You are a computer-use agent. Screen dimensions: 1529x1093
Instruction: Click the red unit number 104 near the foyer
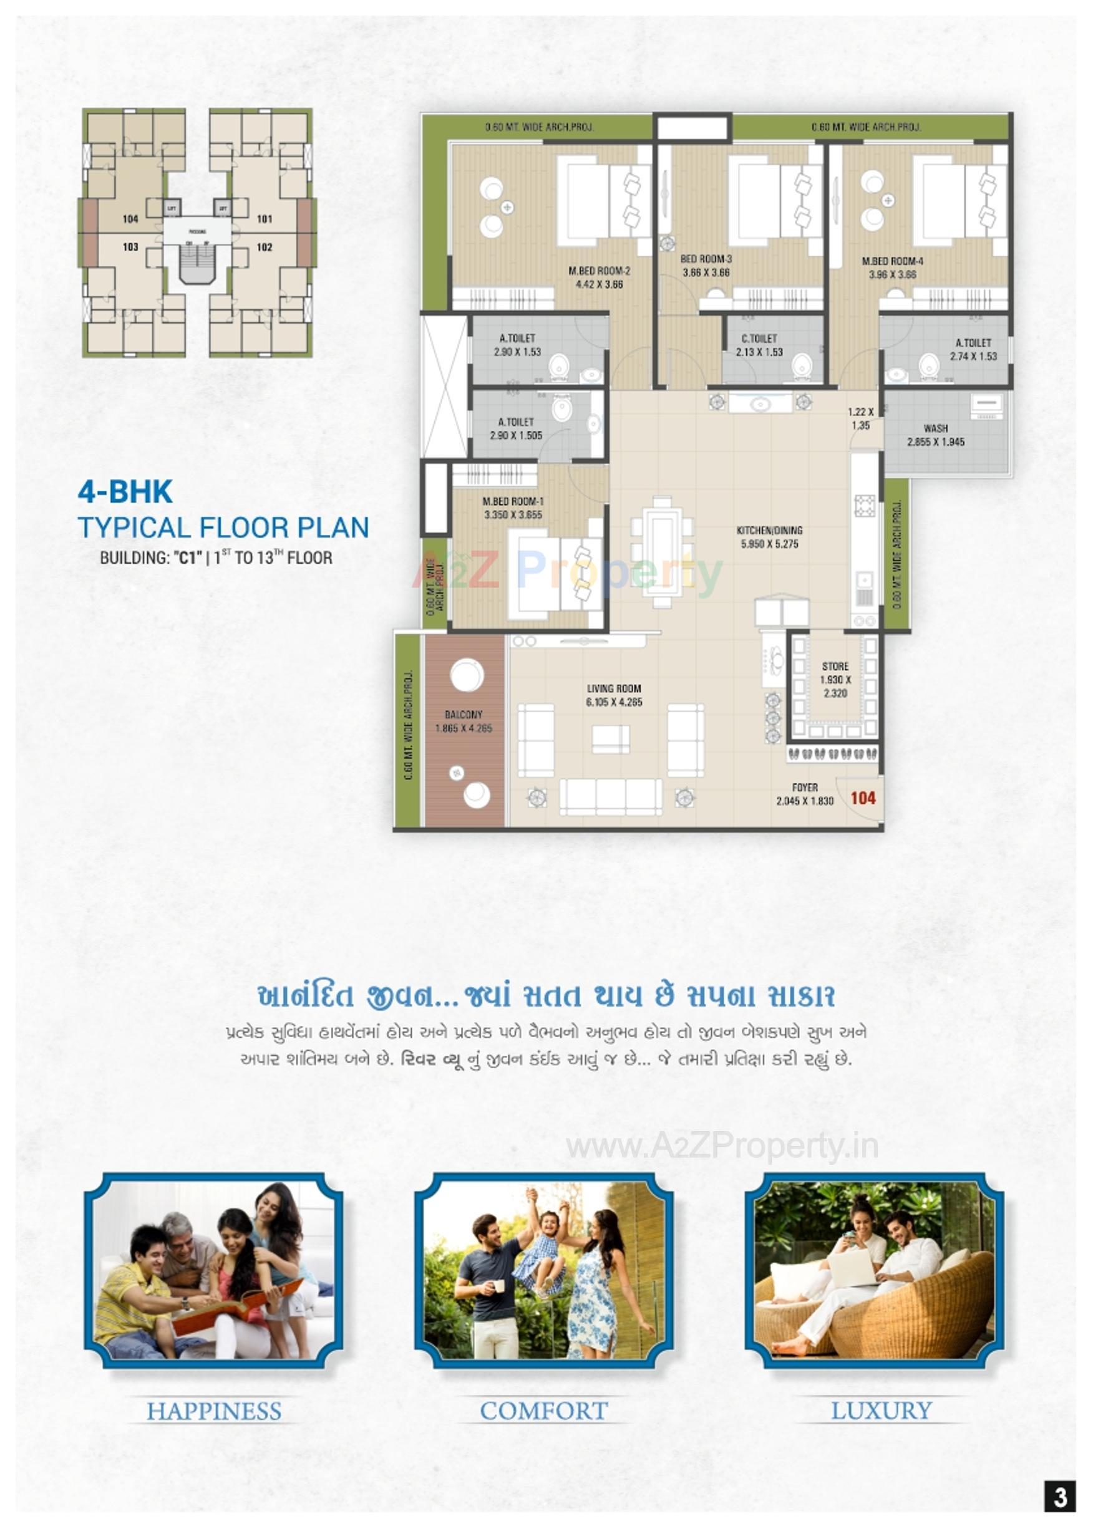pyautogui.click(x=863, y=798)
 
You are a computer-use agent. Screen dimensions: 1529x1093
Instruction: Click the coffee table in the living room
pyautogui.click(x=610, y=740)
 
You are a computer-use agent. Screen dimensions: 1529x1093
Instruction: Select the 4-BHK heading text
pyautogui.click(x=126, y=492)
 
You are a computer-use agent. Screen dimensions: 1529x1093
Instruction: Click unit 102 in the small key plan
pyautogui.click(x=265, y=247)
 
